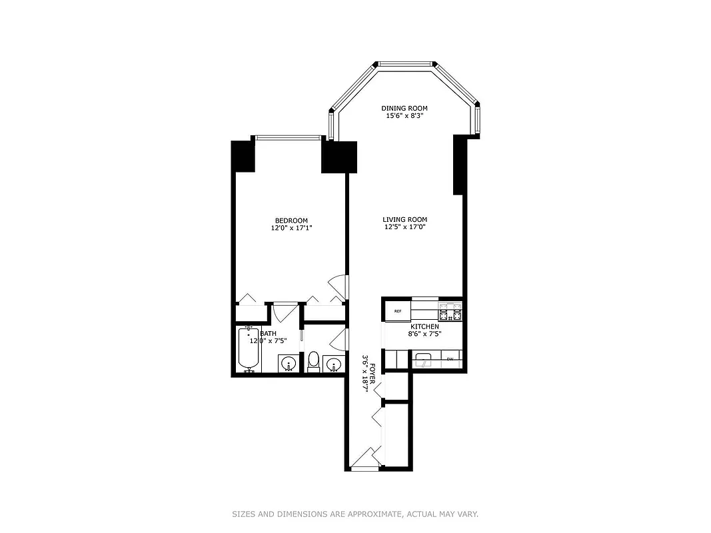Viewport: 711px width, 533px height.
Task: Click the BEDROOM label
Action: (x=291, y=221)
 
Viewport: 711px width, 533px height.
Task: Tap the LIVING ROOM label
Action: (x=404, y=220)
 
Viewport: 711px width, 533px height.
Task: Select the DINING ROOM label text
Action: (x=404, y=108)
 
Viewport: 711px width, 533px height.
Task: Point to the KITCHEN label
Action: (x=424, y=326)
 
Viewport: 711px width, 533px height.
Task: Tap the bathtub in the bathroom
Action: (x=249, y=348)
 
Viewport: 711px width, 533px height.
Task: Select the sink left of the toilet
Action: (x=288, y=364)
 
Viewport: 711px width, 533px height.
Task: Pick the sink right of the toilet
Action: (x=334, y=364)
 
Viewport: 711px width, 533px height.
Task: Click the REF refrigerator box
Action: (x=397, y=311)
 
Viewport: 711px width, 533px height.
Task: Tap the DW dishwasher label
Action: (x=450, y=360)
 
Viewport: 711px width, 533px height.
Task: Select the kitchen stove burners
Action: (x=450, y=310)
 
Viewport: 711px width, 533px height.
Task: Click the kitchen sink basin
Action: (x=424, y=360)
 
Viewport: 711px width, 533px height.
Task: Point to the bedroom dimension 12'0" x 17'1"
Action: (x=291, y=228)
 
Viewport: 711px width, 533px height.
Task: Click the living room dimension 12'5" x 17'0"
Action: (x=404, y=227)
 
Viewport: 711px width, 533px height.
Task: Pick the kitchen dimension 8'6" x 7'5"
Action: (x=424, y=334)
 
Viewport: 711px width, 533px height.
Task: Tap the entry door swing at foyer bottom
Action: (x=363, y=459)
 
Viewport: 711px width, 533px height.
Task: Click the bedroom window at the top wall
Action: (x=289, y=138)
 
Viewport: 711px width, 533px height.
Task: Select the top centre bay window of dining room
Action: (x=406, y=64)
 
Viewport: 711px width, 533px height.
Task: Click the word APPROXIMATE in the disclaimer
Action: (x=372, y=514)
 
